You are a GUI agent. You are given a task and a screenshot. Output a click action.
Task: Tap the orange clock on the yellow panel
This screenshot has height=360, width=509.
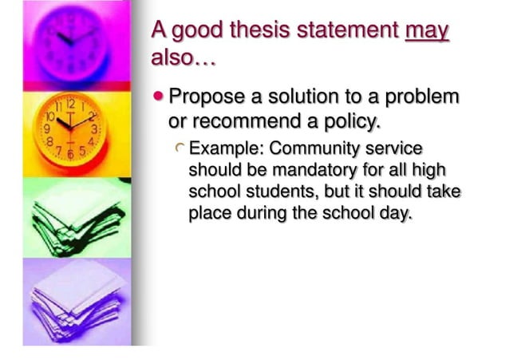coord(70,128)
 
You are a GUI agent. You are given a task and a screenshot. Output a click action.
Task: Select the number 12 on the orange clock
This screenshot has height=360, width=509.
coord(70,103)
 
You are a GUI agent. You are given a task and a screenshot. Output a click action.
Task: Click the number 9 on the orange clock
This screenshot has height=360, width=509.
coord(48,128)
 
